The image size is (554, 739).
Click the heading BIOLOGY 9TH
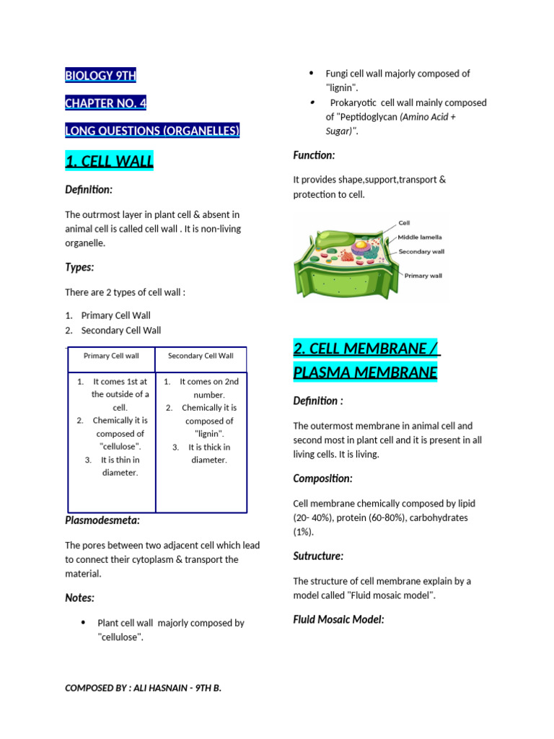[100, 76]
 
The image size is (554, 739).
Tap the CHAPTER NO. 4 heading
[106, 103]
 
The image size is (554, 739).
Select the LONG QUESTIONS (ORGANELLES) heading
[151, 131]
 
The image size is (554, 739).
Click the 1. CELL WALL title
[109, 162]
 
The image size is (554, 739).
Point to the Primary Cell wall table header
[111, 356]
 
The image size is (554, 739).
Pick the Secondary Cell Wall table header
[201, 356]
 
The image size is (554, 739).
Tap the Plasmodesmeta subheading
[102, 520]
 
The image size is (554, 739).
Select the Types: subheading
[79, 267]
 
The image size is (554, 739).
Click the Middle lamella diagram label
[421, 237]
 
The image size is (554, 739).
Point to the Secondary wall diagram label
[421, 251]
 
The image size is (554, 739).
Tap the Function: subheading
[314, 155]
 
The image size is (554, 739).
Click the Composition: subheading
[322, 478]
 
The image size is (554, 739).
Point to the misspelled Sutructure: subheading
[318, 556]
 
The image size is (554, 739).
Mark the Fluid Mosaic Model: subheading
[338, 619]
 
